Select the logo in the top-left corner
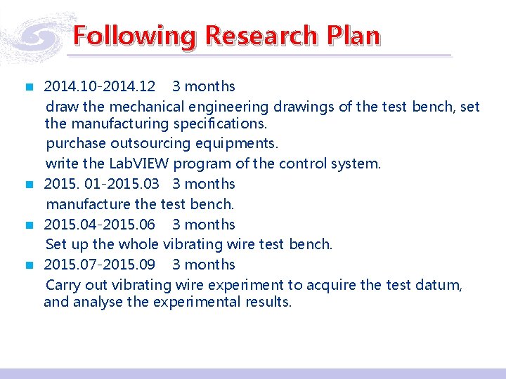pyautogui.click(x=35, y=35)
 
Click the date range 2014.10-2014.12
pyautogui.click(x=100, y=86)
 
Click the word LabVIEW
pyautogui.click(x=137, y=164)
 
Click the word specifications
pyautogui.click(x=219, y=124)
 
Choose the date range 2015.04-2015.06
pyautogui.click(x=100, y=225)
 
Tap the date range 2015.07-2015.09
pyautogui.click(x=100, y=265)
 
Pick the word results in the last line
pyautogui.click(x=268, y=302)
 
